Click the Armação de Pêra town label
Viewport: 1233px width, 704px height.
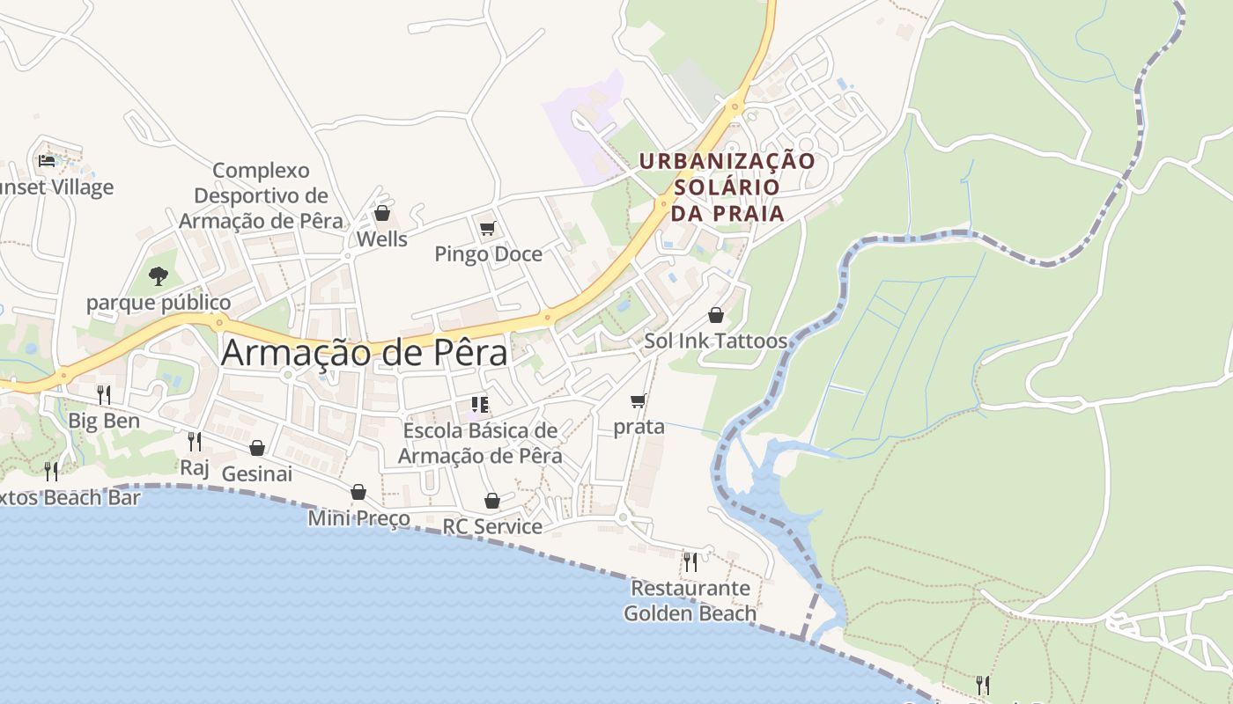(364, 353)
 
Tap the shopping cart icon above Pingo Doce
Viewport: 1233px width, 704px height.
(487, 229)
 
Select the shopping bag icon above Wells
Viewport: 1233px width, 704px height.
(382, 213)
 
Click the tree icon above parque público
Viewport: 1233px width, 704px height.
(159, 276)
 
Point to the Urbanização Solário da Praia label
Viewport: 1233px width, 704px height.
(727, 187)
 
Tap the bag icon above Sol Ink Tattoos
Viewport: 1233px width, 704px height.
(716, 315)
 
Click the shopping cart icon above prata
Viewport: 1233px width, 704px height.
(639, 401)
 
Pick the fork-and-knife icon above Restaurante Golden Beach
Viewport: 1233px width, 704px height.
(690, 561)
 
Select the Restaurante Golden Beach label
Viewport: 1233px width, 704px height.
(690, 600)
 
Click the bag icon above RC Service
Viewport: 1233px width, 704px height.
(492, 501)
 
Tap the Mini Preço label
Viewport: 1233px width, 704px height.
(358, 517)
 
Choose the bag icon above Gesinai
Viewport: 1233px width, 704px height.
(257, 448)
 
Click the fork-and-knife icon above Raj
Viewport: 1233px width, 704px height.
(195, 441)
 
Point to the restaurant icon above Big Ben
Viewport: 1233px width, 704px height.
(104, 394)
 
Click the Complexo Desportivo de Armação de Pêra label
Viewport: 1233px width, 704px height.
(262, 195)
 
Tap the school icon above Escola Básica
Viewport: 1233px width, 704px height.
(480, 405)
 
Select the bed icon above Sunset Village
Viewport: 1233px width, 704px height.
(47, 160)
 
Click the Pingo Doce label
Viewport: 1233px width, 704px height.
(488, 254)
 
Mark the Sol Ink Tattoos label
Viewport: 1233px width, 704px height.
(715, 341)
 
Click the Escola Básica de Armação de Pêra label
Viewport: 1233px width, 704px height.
(480, 443)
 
